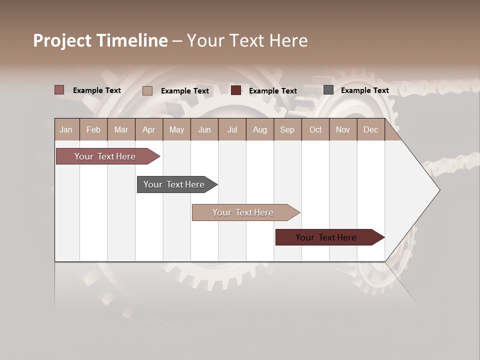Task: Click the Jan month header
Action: point(66,129)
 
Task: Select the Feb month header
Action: point(93,129)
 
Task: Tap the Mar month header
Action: point(121,129)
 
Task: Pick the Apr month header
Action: point(149,129)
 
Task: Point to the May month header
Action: point(176,129)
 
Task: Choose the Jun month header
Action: point(204,129)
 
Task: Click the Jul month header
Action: point(232,129)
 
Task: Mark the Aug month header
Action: point(260,129)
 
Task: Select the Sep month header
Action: point(287,129)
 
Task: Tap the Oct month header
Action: point(315,129)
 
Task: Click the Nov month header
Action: point(343,129)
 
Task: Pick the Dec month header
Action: point(371,129)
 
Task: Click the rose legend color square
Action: point(59,90)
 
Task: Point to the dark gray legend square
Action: point(328,90)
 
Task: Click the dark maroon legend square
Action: point(236,90)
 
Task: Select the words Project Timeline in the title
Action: point(100,40)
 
